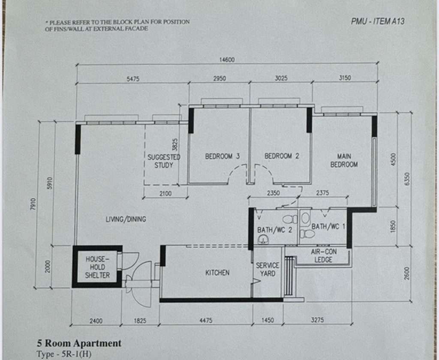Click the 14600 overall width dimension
tap(227, 60)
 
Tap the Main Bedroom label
tap(344, 160)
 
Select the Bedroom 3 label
tap(223, 156)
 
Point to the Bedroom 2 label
tap(282, 156)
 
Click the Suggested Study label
tap(164, 161)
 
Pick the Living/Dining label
tap(126, 219)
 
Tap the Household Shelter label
tap(97, 267)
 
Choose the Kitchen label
tap(217, 273)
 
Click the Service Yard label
tap(268, 269)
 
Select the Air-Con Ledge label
tap(324, 256)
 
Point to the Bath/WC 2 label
tap(275, 230)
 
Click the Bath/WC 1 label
tap(328, 226)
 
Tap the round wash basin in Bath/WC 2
tap(263, 239)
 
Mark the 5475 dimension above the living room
tap(133, 79)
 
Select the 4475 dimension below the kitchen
tap(206, 320)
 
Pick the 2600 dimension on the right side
tap(407, 273)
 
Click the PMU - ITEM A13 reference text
tap(378, 21)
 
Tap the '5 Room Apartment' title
tap(79, 343)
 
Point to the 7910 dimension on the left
tap(33, 204)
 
